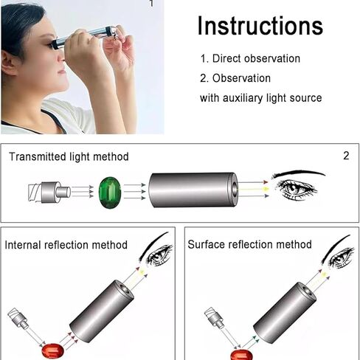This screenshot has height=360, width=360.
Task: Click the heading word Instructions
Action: pyautogui.click(x=260, y=26)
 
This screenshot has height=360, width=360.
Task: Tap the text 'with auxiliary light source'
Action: pyautogui.click(x=260, y=97)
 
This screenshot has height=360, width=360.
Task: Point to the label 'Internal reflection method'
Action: pyautogui.click(x=66, y=245)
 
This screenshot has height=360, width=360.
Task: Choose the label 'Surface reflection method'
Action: pyautogui.click(x=249, y=244)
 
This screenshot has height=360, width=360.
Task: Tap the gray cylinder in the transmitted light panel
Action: pyautogui.click(x=193, y=190)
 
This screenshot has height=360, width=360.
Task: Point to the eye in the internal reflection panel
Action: pyautogui.click(x=158, y=255)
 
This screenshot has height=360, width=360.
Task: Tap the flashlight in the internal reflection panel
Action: pyautogui.click(x=21, y=322)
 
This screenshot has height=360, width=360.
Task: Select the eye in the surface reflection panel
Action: pyautogui.click(x=339, y=257)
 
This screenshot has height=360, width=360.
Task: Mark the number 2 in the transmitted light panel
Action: pyautogui.click(x=346, y=156)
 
